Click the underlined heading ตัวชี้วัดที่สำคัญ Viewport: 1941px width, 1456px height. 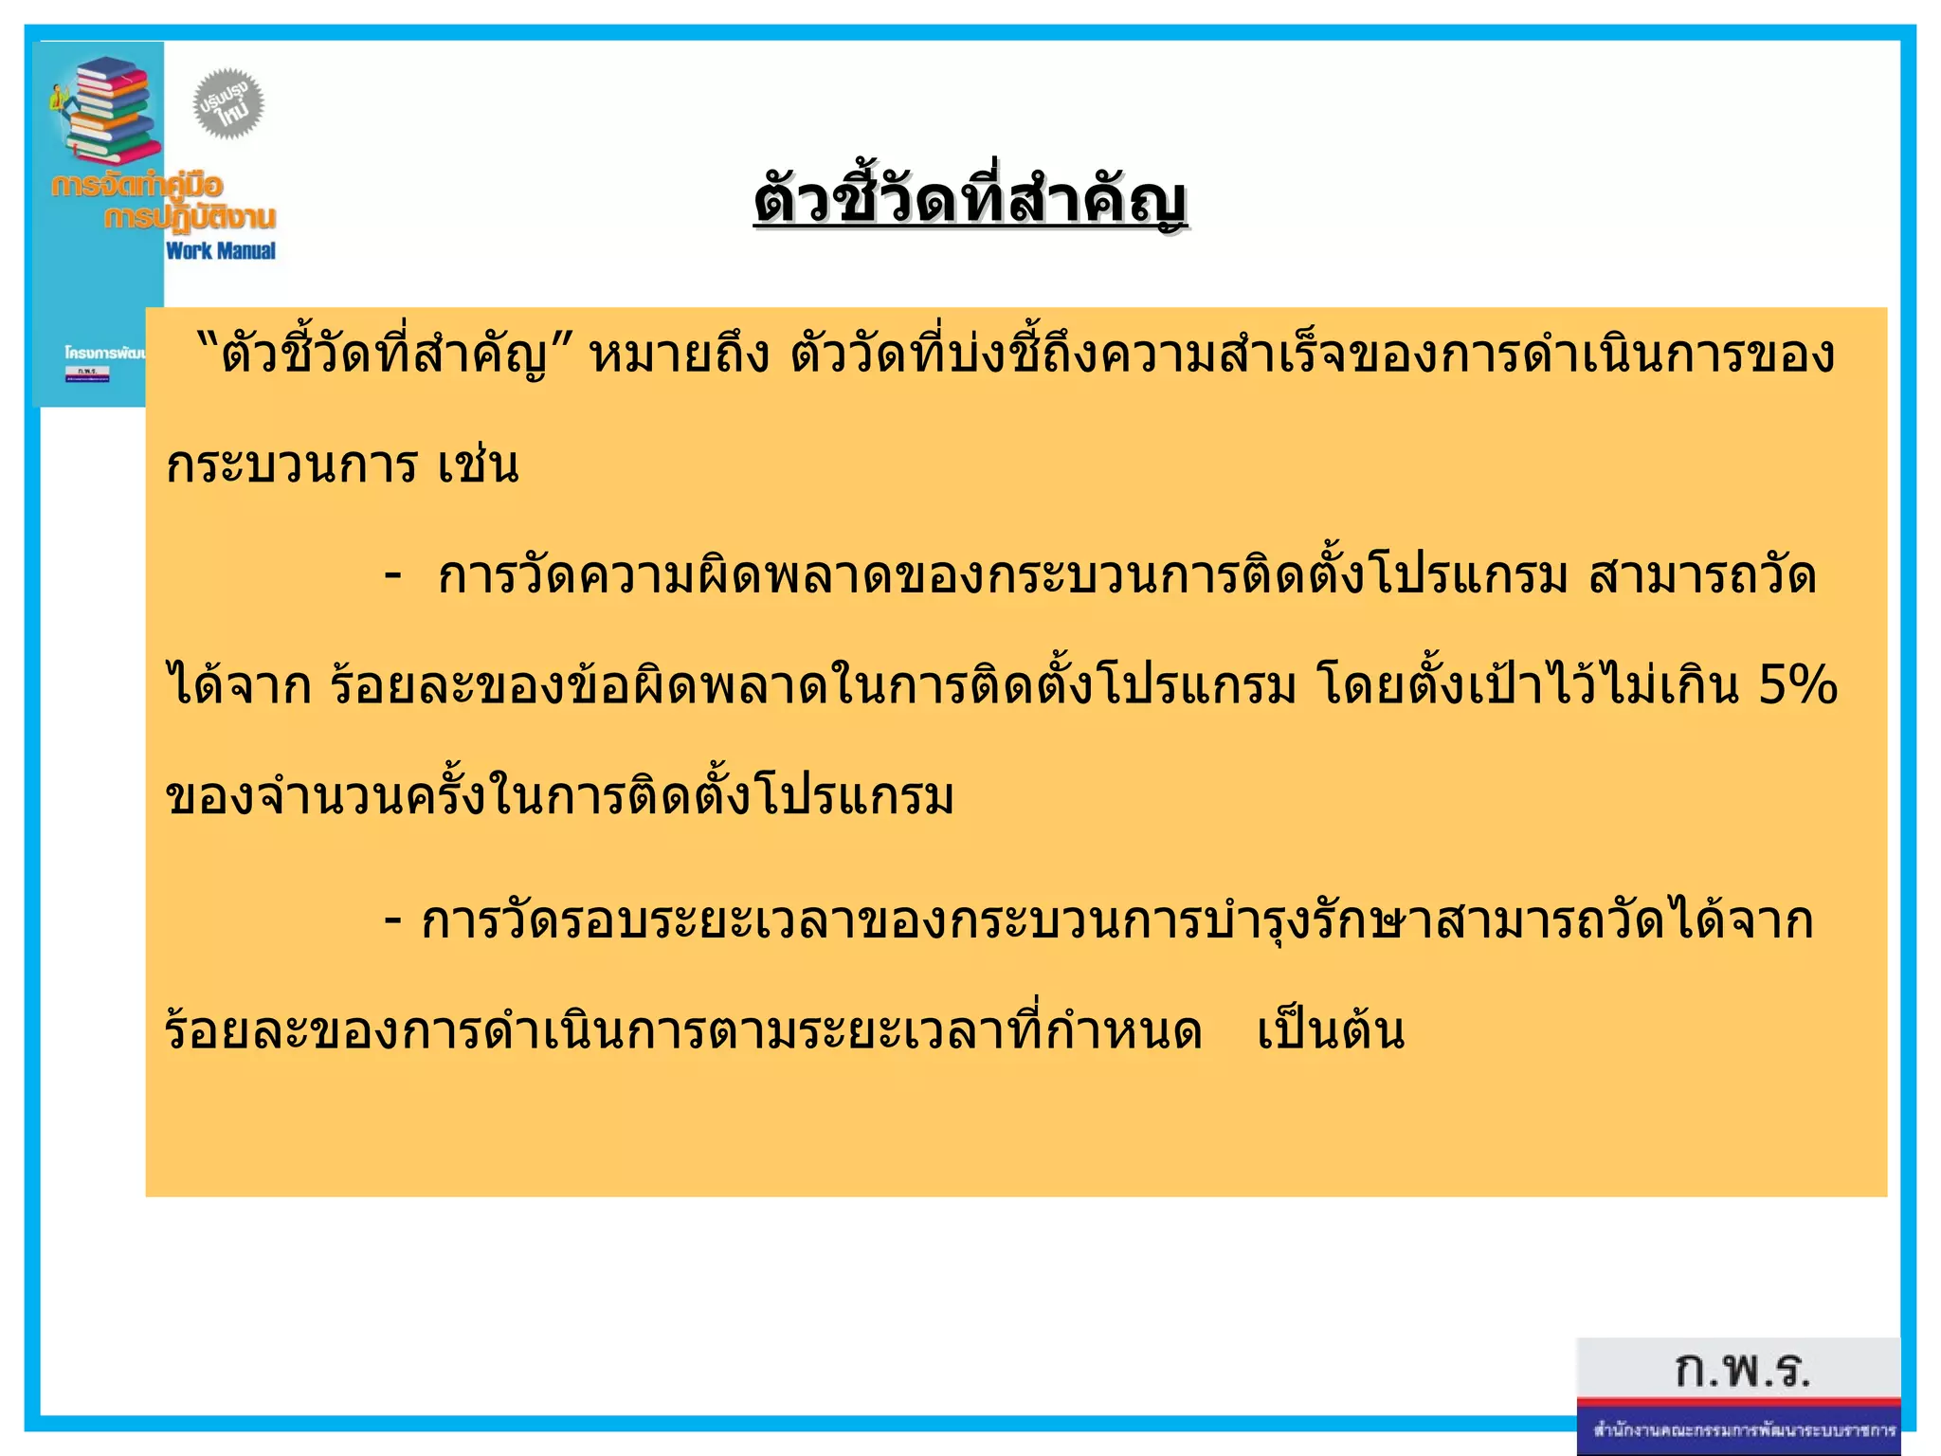970,201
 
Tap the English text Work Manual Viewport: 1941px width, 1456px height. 221,251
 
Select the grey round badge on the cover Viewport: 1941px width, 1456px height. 228,103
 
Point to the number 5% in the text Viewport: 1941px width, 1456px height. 1798,684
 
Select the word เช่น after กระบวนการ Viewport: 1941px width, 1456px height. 479,465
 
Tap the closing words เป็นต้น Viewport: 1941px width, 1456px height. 1330,1031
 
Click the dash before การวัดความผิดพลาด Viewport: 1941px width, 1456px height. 392,575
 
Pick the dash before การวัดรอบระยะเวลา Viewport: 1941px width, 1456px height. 392,920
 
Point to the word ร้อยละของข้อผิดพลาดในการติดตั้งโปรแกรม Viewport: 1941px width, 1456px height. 813,686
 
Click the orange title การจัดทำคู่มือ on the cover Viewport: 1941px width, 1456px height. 137,184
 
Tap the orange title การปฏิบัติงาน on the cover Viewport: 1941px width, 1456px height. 190,218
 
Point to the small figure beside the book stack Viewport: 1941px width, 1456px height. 59,99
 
